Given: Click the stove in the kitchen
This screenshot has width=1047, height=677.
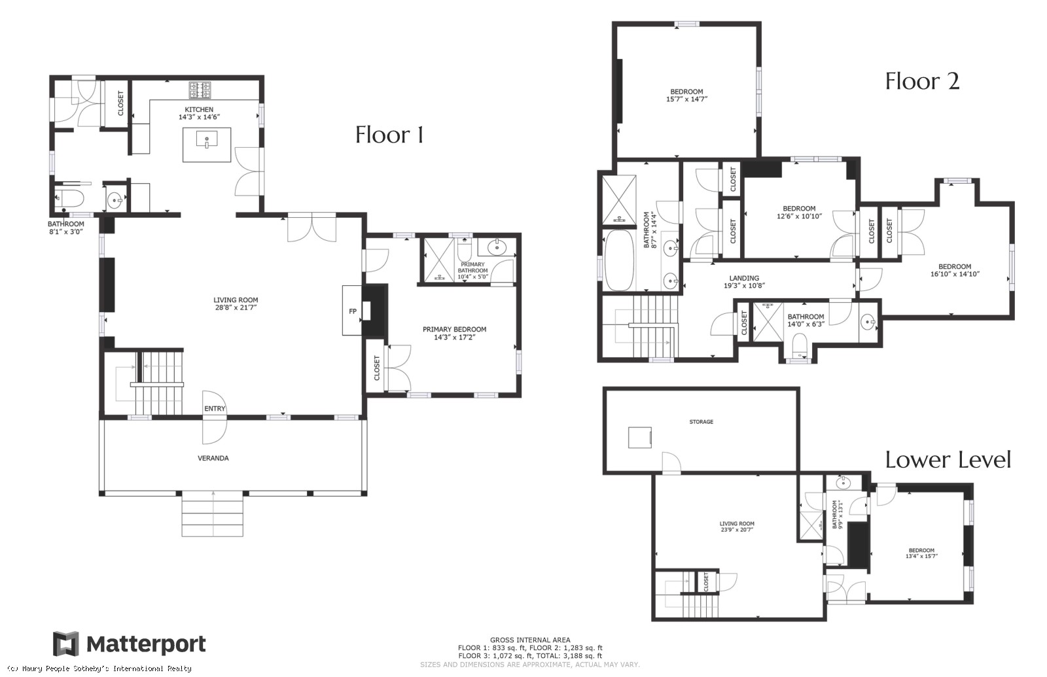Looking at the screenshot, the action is click(200, 90).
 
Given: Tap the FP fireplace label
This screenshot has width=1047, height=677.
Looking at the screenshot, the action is click(353, 311).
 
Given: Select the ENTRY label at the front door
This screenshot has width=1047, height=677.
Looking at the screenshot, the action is click(215, 408).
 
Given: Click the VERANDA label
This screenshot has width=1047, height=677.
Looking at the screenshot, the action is click(213, 458).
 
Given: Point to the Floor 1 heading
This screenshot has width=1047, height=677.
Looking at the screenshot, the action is click(389, 135).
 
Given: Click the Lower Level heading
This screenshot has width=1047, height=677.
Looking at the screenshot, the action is click(948, 460).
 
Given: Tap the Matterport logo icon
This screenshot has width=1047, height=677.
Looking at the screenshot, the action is click(66, 644).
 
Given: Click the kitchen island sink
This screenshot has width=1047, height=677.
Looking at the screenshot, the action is click(207, 140).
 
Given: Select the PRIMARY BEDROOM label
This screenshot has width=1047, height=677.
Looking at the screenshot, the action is click(454, 329).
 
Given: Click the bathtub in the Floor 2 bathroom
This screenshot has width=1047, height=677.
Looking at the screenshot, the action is click(619, 259).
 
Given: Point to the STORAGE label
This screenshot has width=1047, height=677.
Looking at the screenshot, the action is click(701, 421).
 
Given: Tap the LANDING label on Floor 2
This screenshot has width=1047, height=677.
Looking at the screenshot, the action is click(744, 278).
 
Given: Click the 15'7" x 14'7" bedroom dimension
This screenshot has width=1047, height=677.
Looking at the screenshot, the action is click(686, 99).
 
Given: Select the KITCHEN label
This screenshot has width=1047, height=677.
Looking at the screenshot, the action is click(199, 109).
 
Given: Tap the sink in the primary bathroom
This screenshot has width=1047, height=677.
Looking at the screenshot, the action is click(497, 247).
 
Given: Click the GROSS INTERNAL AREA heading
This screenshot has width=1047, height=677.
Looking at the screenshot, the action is click(530, 640).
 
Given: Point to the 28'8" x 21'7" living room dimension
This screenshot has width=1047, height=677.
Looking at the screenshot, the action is click(236, 307).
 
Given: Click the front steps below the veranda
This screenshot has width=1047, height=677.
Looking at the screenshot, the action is click(212, 513).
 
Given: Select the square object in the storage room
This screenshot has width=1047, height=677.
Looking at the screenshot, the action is click(640, 438).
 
